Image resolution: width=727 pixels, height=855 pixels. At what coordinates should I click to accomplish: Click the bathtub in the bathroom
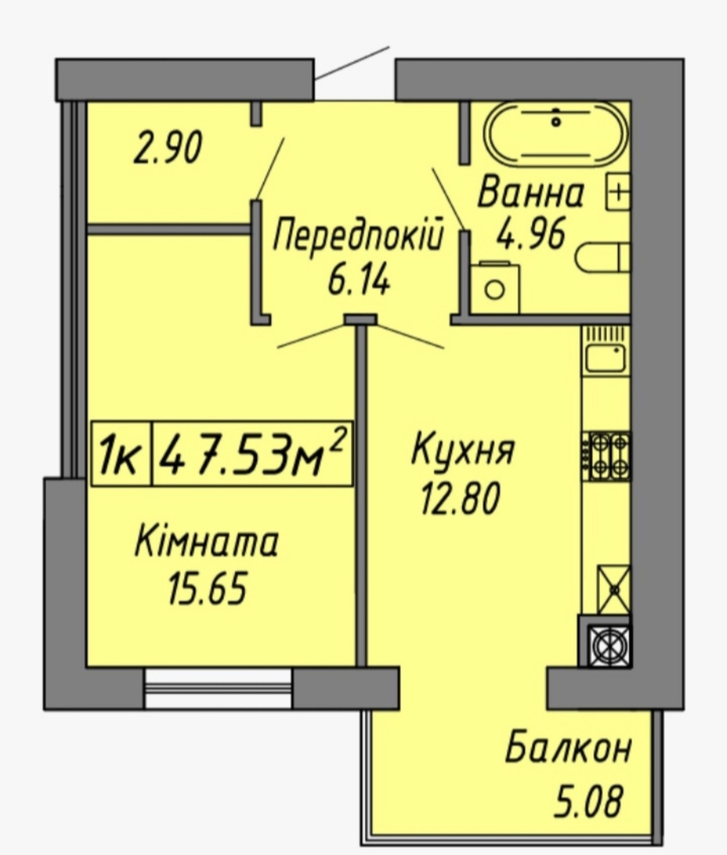tap(556, 132)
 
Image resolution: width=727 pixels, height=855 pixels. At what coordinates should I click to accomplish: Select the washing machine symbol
tap(495, 287)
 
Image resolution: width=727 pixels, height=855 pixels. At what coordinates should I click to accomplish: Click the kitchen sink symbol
tap(606, 351)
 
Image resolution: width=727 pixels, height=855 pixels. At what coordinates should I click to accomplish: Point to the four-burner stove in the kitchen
tap(609, 456)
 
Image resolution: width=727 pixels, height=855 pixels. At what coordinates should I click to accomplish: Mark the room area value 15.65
tap(208, 588)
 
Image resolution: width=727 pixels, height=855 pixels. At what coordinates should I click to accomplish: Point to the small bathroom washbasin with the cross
tap(618, 191)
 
